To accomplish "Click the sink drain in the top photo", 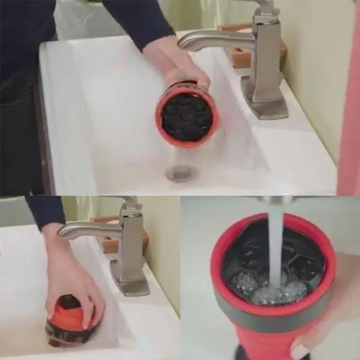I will tap(180, 172).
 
